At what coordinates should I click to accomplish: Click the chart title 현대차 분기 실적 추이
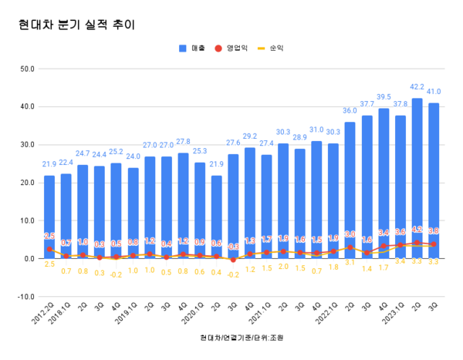pyautogui.click(x=76, y=25)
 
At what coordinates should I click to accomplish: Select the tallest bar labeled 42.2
pyautogui.click(x=417, y=177)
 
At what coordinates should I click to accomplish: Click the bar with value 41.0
pyautogui.click(x=434, y=180)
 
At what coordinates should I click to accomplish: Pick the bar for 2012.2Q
pyautogui.click(x=49, y=217)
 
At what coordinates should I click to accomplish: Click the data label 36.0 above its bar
pyautogui.click(x=350, y=112)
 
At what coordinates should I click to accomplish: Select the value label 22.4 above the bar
pyautogui.click(x=66, y=163)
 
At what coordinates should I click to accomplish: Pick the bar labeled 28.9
pyautogui.click(x=299, y=204)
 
